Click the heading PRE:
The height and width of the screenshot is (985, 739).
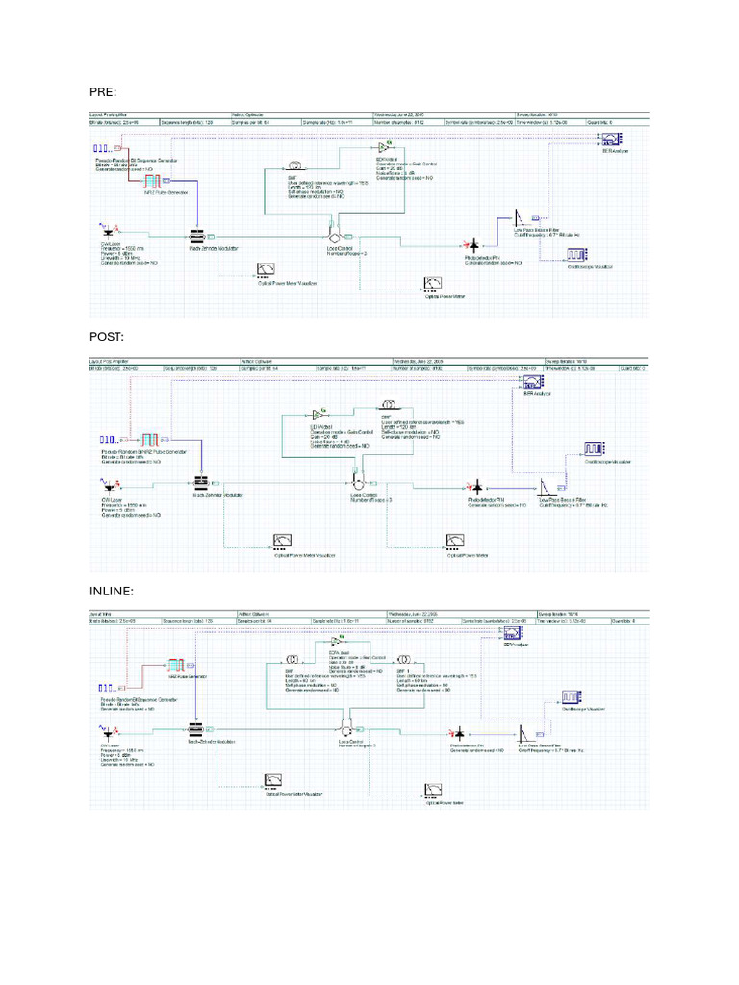click(x=103, y=91)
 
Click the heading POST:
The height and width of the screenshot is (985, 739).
click(x=107, y=336)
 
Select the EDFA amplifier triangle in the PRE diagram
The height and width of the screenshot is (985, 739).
click(x=382, y=146)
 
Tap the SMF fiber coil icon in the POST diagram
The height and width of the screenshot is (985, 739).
click(x=390, y=404)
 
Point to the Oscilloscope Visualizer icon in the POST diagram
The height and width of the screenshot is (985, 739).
click(x=592, y=449)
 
